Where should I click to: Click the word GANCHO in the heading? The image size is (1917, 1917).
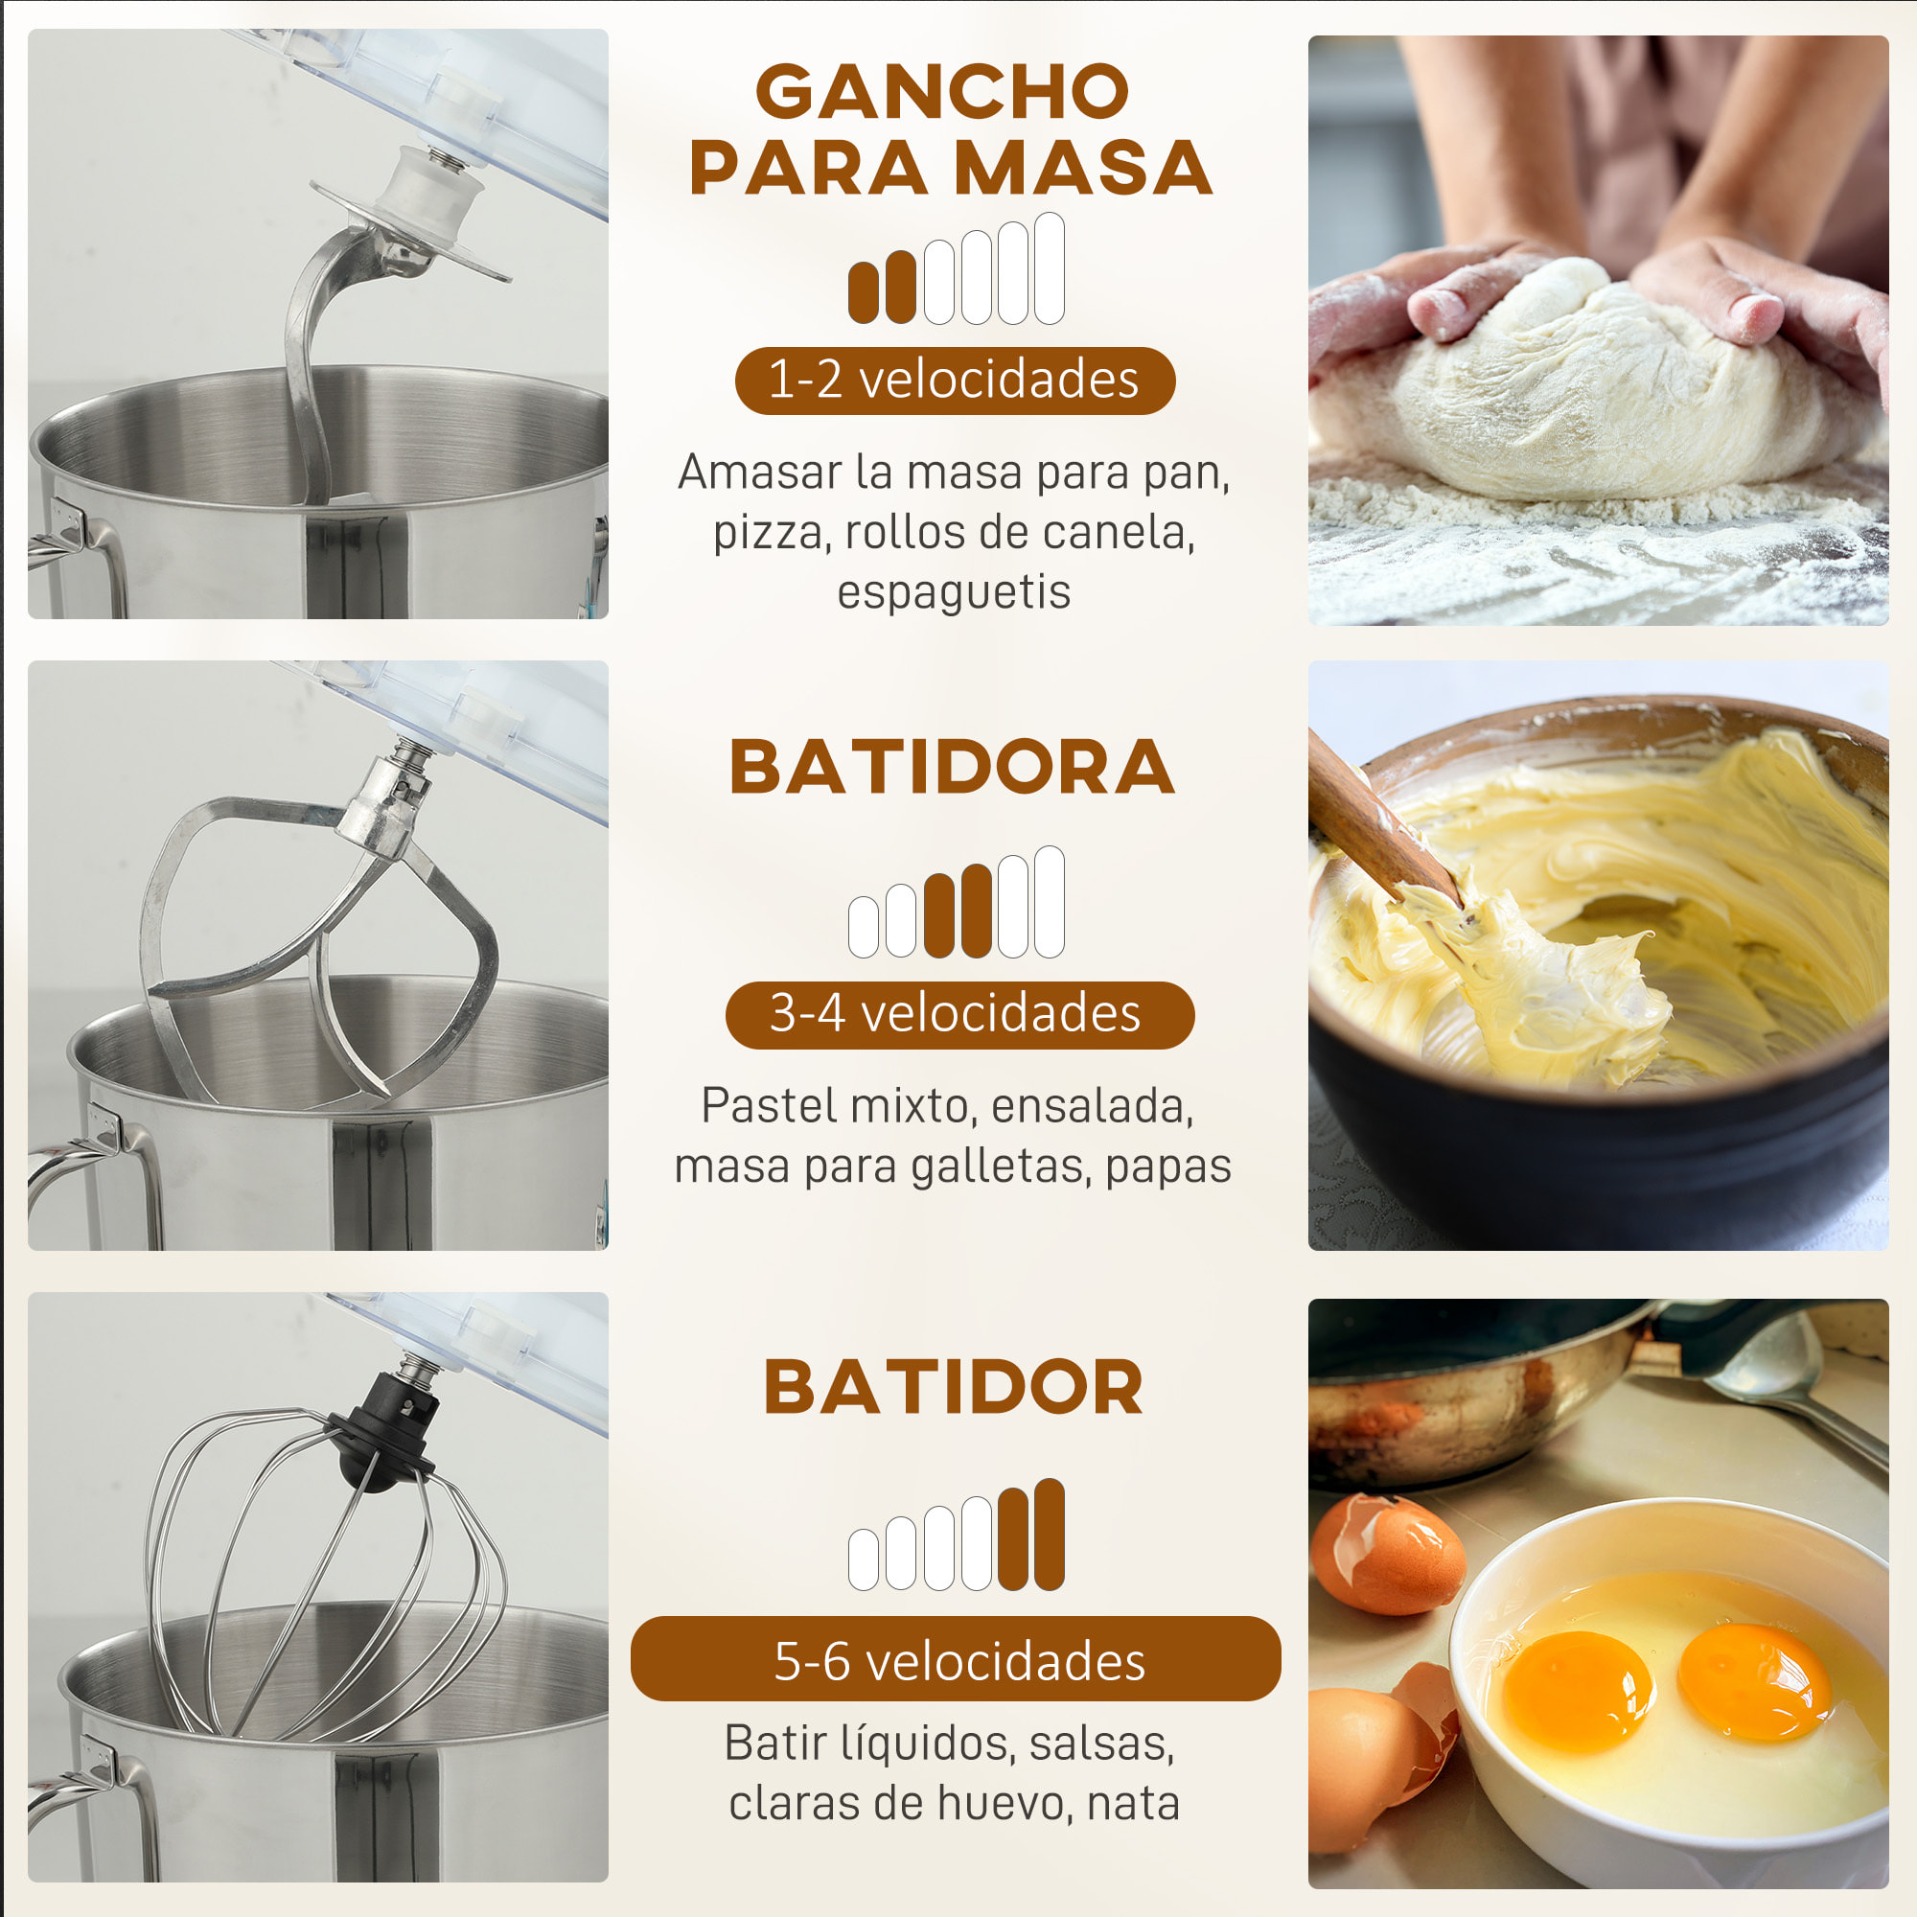point(942,91)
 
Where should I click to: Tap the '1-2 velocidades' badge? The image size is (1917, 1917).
point(954,380)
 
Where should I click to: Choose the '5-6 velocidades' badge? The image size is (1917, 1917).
point(956,1661)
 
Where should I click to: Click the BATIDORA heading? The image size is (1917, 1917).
point(953,768)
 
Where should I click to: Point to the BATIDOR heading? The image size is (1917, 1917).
point(954,1387)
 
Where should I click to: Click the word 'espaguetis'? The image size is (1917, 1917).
point(954,592)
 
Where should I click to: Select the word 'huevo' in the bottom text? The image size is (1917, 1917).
point(1002,1803)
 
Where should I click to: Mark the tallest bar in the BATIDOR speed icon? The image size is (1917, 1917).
point(1049,1534)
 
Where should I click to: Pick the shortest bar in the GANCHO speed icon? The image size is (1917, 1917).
point(864,292)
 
